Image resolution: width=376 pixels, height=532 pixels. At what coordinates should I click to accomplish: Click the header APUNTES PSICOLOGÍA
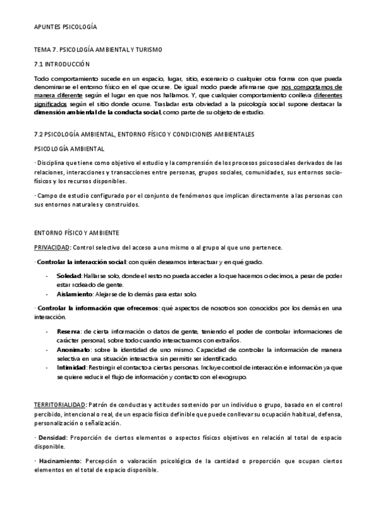65,28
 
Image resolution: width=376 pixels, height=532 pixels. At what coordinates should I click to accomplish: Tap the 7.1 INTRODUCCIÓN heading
62,64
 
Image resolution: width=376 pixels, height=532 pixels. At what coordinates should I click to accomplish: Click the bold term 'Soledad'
68,275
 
